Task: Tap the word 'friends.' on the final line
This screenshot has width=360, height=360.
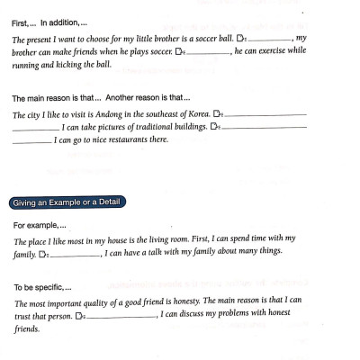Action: pos(27,329)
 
